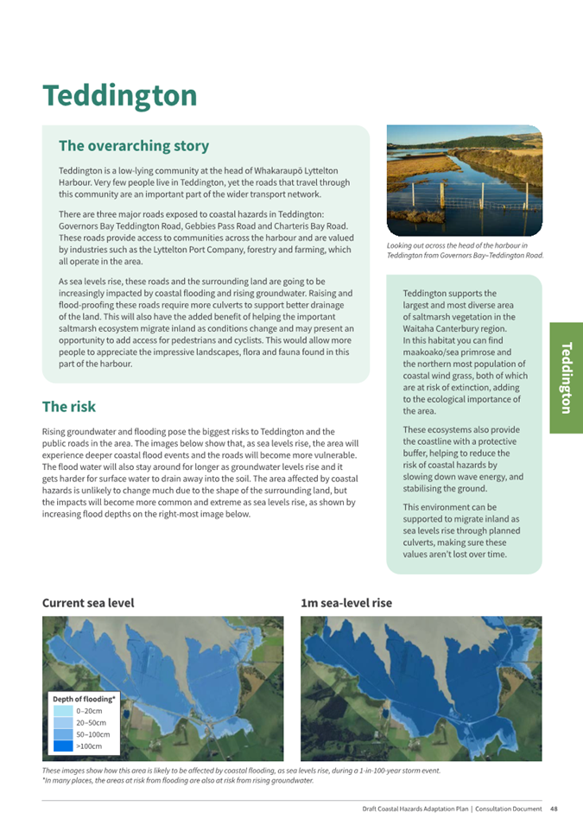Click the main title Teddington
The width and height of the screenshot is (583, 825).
[119, 95]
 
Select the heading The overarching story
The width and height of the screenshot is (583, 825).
[133, 146]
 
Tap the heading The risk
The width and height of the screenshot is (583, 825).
[69, 406]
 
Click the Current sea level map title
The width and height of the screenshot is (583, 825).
[88, 603]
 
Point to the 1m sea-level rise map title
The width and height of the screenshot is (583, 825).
[346, 603]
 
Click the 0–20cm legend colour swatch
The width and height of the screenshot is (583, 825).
[63, 711]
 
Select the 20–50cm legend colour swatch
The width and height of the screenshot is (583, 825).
[63, 722]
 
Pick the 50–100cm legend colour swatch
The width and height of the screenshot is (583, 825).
[63, 733]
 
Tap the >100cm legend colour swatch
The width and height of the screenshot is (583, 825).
[63, 745]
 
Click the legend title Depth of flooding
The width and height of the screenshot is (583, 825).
[84, 698]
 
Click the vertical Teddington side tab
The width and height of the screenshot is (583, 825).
[566, 378]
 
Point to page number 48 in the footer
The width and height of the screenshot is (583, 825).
[554, 809]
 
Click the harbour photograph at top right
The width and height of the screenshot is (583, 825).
[464, 181]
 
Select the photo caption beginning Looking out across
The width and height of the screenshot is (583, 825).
[465, 251]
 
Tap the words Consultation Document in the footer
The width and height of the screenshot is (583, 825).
[510, 809]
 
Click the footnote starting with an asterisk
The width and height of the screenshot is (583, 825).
[178, 780]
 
